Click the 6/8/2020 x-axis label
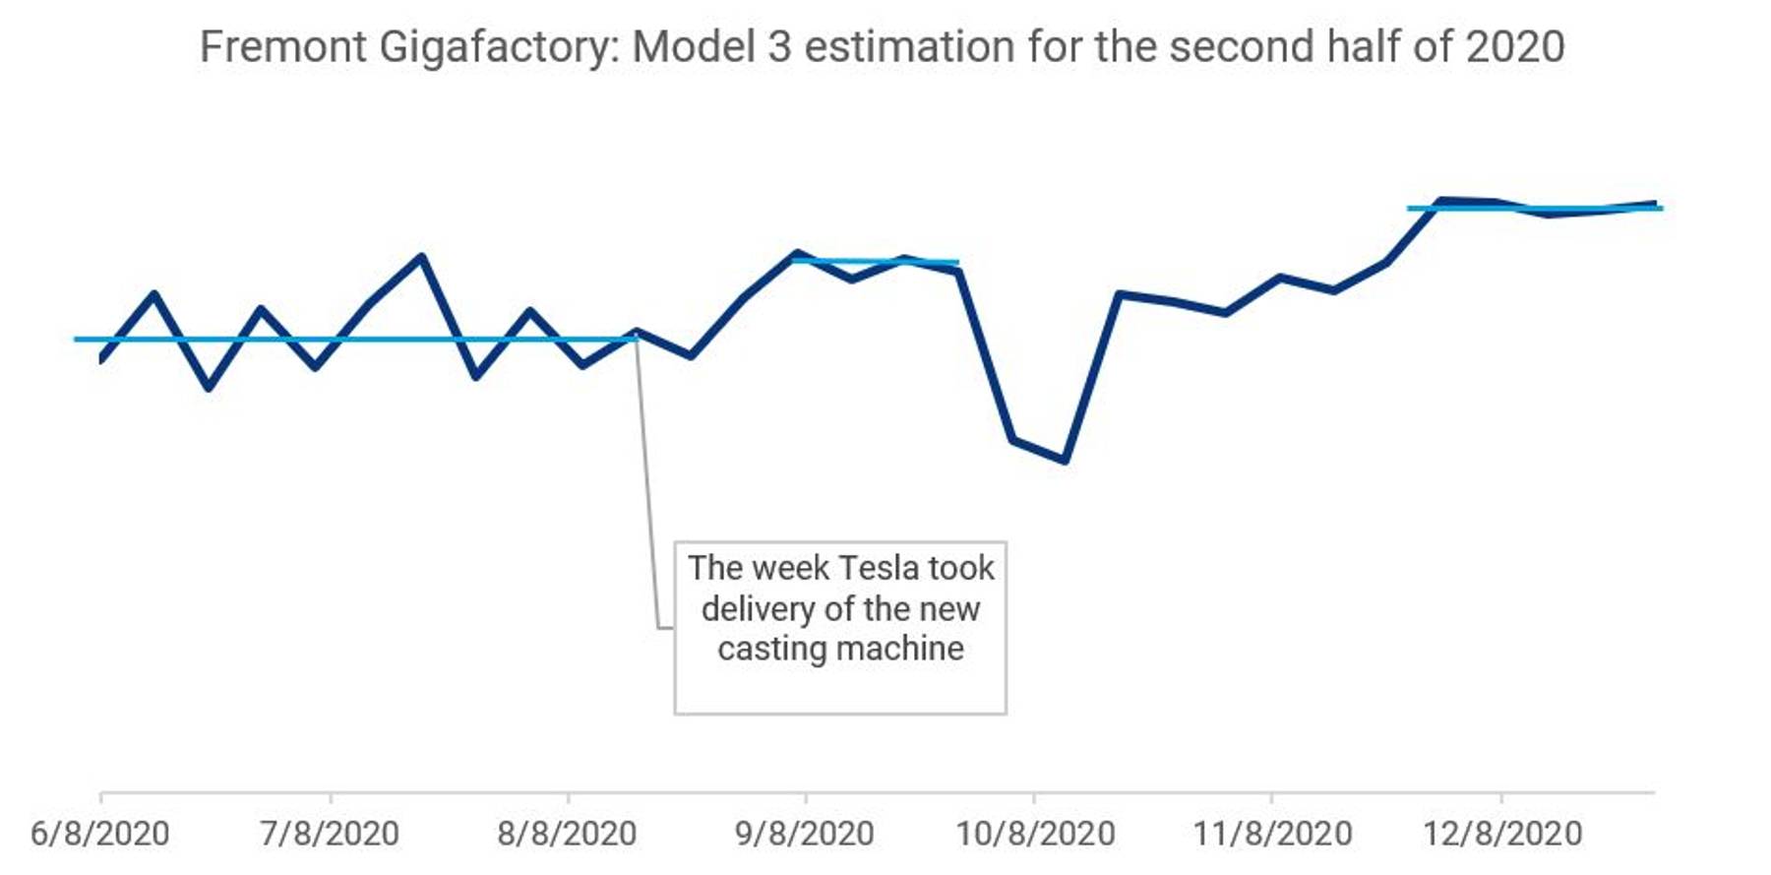99,834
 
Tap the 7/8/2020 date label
330,834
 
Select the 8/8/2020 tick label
567,834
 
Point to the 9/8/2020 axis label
805,834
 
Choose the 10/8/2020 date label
1035,834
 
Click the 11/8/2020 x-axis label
1272,834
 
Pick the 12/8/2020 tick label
1502,834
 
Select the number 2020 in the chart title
1515,46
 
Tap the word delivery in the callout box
757,609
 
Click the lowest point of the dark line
1066,460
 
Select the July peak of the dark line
422,257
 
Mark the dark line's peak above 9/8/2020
796,254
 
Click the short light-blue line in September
875,262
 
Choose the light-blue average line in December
1535,209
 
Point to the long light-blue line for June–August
355,340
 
